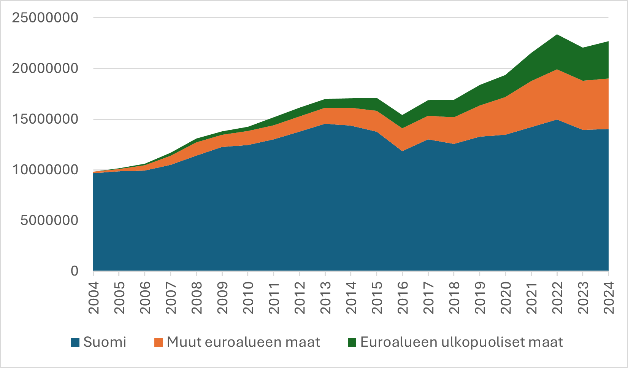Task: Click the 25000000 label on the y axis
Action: click(45, 18)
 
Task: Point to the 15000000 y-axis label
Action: click(45, 119)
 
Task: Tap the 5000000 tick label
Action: click(49, 220)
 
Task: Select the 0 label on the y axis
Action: click(74, 271)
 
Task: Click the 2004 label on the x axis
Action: click(94, 298)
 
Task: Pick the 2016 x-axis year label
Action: click(403, 298)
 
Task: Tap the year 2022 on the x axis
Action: click(557, 298)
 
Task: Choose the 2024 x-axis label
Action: click(609, 298)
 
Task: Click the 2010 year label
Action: click(248, 298)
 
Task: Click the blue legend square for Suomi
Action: click(75, 342)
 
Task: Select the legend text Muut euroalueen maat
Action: click(243, 342)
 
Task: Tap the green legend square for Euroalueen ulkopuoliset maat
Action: click(352, 342)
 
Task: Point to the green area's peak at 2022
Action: click(557, 35)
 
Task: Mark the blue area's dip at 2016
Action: click(402, 151)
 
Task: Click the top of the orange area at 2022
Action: click(557, 70)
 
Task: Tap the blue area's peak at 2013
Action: click(325, 124)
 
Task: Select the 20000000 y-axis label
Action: click(45, 69)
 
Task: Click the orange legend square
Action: click(159, 342)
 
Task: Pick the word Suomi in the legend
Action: click(105, 342)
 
